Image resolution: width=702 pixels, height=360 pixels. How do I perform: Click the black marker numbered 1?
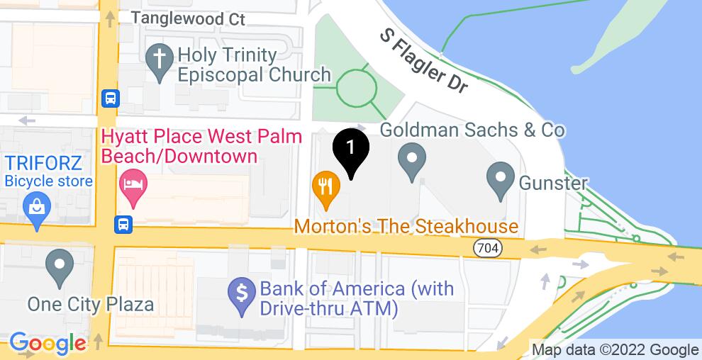(350, 150)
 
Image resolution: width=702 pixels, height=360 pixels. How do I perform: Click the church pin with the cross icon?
(157, 61)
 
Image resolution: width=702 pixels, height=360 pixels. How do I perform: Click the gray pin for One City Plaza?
(60, 266)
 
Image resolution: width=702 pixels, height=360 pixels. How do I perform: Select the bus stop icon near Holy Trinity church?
(110, 97)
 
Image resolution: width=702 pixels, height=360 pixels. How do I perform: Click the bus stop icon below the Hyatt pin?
(123, 224)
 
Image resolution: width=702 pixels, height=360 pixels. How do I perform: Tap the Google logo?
(48, 344)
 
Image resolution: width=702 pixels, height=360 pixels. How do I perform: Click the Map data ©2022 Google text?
(615, 349)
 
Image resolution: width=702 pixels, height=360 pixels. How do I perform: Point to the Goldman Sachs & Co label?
(473, 130)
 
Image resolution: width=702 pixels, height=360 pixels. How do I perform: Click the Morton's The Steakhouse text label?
(406, 227)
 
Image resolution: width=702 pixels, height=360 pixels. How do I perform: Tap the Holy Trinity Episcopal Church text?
(255, 64)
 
